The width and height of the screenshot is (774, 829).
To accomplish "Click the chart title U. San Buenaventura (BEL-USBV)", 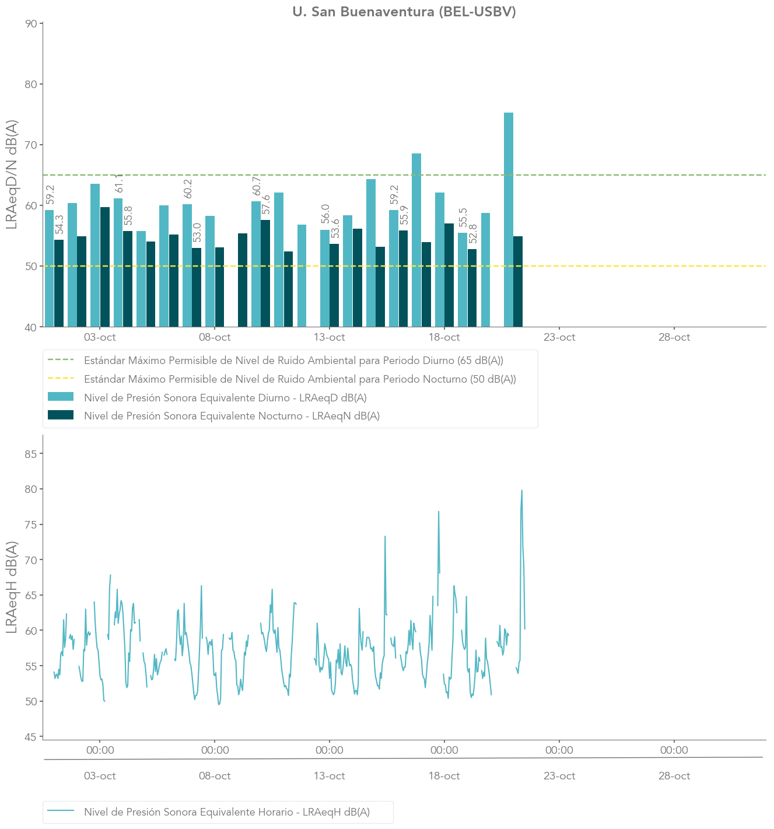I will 404,12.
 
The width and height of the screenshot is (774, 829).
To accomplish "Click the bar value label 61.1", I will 119,183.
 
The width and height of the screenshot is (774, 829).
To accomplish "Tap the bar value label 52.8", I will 473,234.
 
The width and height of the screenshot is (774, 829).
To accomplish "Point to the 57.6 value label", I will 266,205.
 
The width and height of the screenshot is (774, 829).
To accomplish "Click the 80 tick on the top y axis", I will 31,84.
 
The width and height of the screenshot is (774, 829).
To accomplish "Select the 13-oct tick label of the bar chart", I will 330,337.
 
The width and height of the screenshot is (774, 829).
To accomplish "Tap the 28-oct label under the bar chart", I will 674,337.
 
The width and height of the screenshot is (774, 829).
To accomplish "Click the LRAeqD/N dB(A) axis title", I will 12,174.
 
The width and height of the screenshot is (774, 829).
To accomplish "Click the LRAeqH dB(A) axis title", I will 12,587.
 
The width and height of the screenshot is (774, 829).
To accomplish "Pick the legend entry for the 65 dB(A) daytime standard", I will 293,361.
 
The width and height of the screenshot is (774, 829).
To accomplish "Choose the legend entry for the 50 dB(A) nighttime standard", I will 300,379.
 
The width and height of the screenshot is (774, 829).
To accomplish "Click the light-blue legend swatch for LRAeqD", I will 61,397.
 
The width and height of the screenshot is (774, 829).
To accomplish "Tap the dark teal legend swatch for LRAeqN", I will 61,415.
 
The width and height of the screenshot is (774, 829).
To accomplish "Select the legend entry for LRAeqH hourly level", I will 227,812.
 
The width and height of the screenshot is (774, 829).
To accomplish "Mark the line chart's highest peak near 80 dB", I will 521,491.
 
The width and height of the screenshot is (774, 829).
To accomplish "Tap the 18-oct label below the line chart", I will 444,776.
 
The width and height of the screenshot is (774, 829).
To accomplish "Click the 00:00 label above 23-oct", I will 559,750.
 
